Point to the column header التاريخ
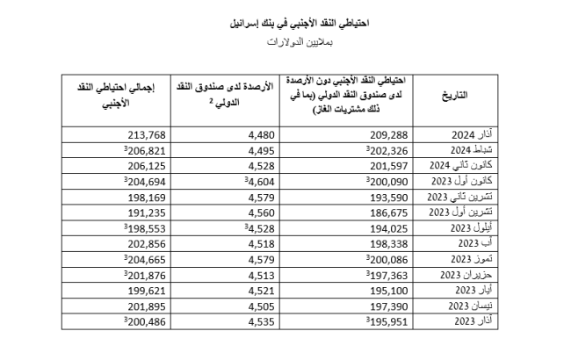475,94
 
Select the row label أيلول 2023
470,226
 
